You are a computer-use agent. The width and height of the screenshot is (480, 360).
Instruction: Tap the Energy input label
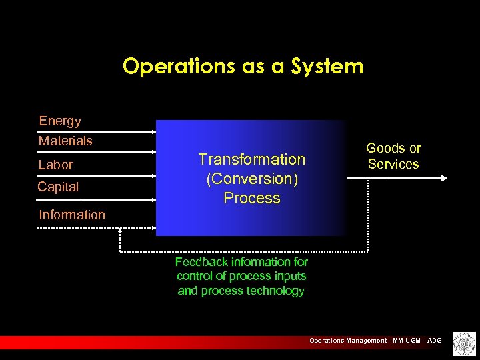60,121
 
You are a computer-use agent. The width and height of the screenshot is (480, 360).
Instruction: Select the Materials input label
65,141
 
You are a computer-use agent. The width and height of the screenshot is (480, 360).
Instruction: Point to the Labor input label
56,165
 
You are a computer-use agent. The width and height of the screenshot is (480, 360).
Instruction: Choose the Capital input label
58,187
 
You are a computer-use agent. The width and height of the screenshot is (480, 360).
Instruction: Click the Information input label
72,215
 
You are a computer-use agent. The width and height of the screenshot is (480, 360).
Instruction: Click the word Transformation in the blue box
252,159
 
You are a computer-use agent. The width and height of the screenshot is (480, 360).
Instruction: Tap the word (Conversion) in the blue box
252,179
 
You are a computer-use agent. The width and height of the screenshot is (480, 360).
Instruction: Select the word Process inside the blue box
252,198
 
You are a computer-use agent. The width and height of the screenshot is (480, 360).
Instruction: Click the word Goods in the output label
385,148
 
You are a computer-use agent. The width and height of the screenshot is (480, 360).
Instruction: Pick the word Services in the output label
393,164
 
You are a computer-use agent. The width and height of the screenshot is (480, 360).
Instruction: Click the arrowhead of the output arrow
445,178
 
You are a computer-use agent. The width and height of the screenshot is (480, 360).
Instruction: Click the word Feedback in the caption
201,262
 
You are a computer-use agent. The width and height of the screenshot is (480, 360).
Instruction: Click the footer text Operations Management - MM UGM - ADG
375,341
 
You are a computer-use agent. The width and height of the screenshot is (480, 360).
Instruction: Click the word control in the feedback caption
192,276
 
